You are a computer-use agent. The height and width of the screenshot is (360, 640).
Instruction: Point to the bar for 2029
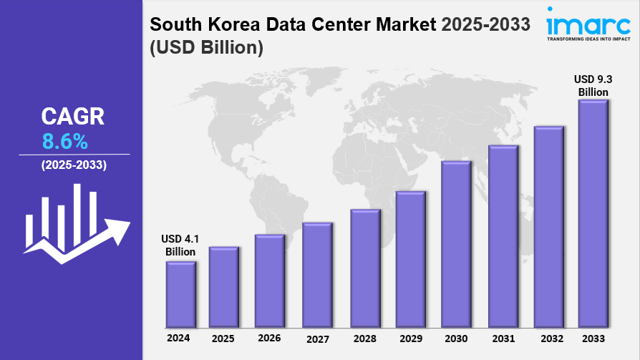410,257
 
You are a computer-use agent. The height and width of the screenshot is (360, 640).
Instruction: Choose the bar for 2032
548,225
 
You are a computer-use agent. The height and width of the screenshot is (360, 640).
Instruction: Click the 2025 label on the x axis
223,338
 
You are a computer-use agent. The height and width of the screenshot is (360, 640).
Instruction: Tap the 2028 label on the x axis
364,338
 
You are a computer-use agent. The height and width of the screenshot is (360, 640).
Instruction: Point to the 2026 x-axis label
269,338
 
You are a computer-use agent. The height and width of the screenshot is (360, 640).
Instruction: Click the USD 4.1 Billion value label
180,245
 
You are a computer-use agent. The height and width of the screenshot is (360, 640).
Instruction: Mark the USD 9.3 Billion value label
593,86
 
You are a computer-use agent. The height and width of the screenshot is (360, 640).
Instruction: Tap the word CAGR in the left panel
73,117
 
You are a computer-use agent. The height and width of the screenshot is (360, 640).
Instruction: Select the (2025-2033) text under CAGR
74,165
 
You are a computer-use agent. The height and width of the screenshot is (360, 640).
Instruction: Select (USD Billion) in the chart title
207,48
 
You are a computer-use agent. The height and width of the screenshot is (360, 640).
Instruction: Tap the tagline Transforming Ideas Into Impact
588,39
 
